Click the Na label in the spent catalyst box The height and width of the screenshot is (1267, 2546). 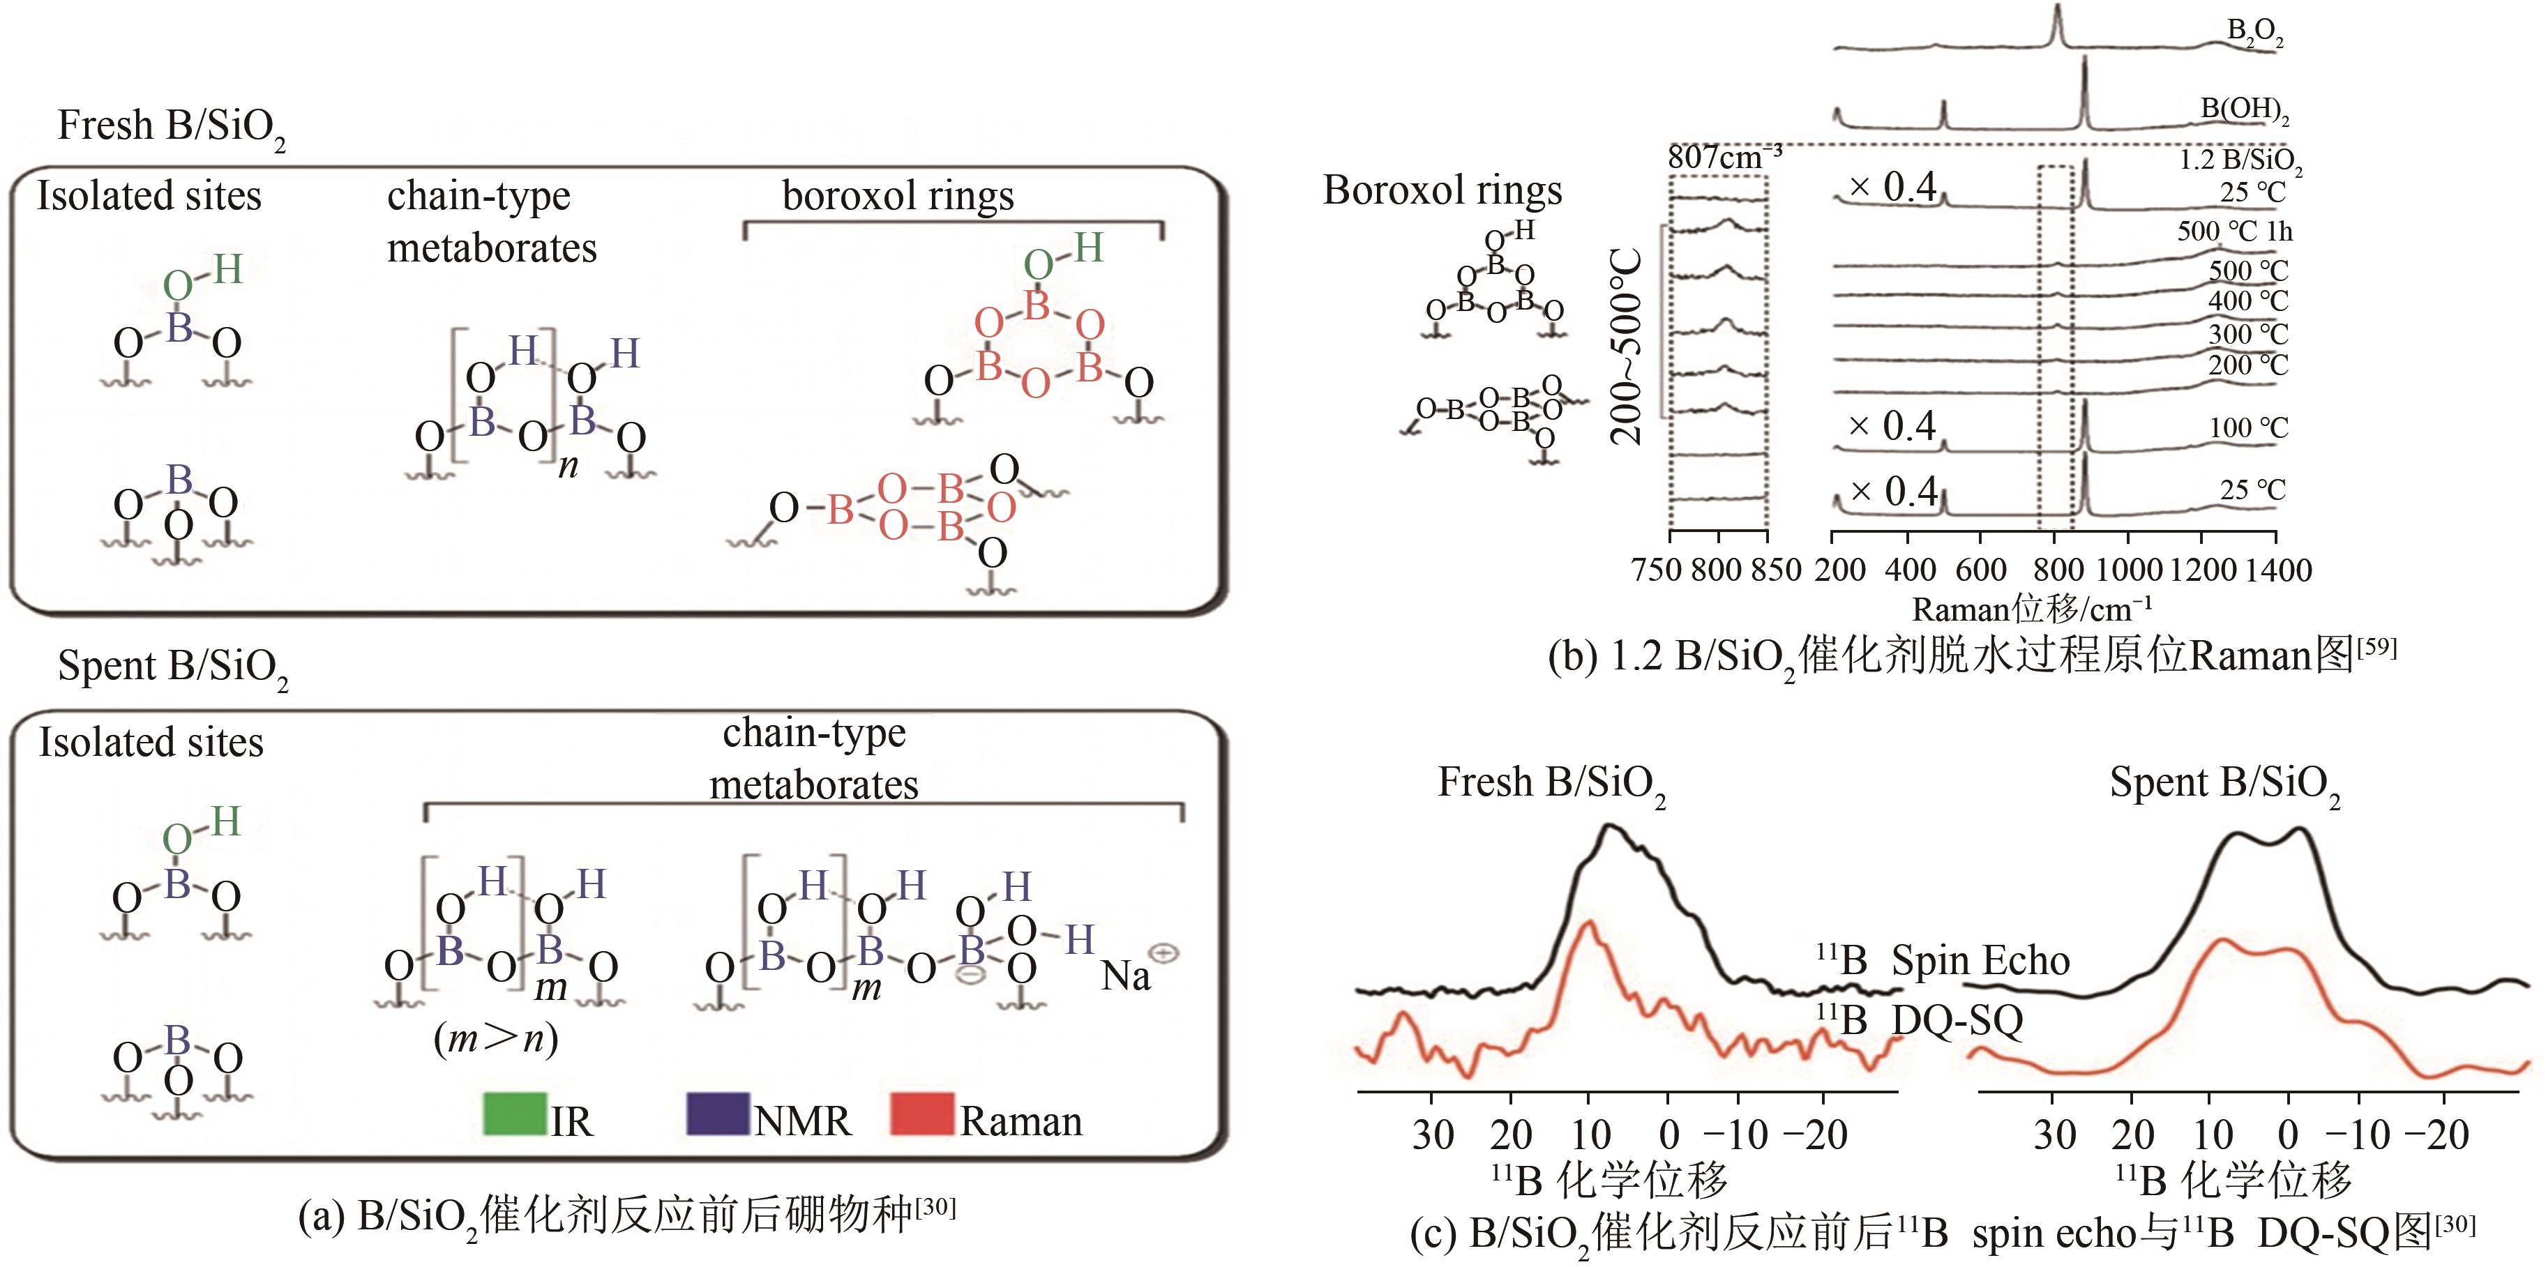tap(1126, 976)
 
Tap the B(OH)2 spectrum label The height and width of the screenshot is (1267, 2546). tap(2243, 109)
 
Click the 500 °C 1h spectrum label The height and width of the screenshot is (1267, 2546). tap(2234, 232)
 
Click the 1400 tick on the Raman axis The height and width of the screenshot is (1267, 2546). tap(2276, 570)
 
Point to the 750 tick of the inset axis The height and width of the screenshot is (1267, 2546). tap(1657, 570)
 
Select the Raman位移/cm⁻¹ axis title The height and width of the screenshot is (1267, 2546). tap(2031, 609)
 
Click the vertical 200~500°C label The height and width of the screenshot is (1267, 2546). tap(1627, 346)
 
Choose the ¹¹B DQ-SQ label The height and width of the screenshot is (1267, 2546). tap(1920, 1020)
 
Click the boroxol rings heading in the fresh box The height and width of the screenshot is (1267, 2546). tap(898, 196)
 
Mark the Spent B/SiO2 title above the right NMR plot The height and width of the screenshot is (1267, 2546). tap(2224, 784)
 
